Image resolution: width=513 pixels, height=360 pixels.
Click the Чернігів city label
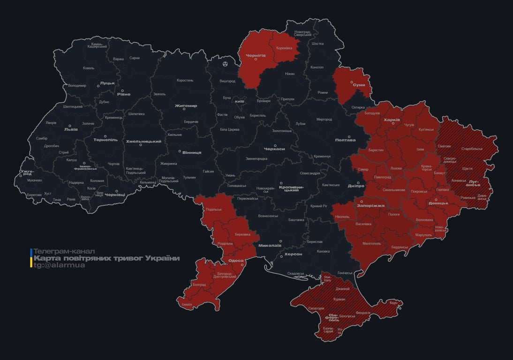click(x=256, y=55)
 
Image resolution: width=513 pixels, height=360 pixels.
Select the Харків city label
click(x=392, y=120)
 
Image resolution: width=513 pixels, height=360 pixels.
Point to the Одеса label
click(x=235, y=261)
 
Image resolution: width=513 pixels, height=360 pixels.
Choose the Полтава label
click(x=345, y=140)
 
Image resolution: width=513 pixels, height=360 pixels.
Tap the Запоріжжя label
click(x=370, y=205)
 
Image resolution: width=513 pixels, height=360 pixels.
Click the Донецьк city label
click(x=438, y=203)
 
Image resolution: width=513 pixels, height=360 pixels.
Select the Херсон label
click(x=294, y=254)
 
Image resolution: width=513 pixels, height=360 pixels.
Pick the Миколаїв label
click(x=270, y=245)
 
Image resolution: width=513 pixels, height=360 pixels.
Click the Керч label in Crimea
click(x=393, y=303)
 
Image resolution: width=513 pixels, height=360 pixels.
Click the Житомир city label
click(x=186, y=106)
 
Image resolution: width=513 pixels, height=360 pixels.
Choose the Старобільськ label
click(x=472, y=149)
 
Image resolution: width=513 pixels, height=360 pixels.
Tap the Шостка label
click(x=317, y=44)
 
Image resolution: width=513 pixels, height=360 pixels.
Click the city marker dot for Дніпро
click(x=358, y=183)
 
